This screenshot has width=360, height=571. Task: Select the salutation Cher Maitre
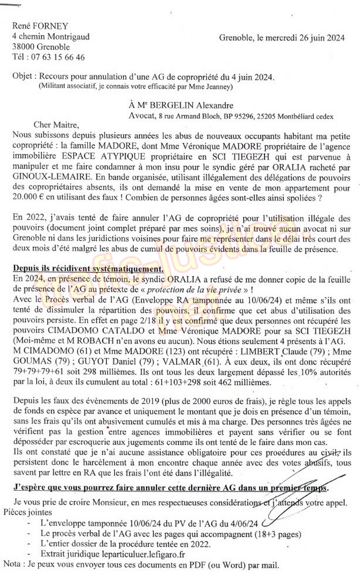(56, 125)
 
